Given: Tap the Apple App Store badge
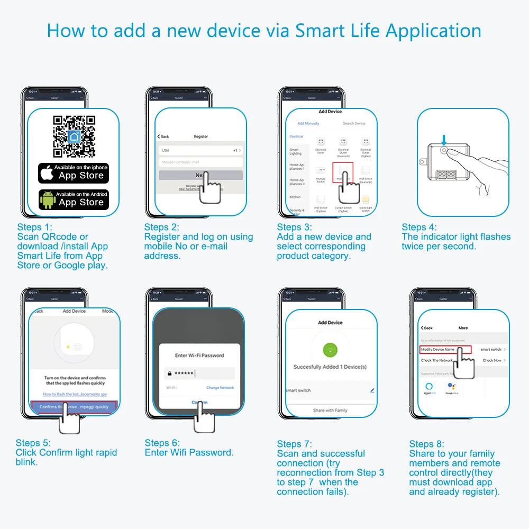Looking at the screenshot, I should point(74,172).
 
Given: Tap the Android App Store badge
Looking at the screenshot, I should point(74,199).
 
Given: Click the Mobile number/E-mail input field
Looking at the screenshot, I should point(200,162).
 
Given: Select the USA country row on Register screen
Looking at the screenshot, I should point(200,150).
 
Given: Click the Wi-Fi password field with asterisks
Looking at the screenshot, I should point(199,373).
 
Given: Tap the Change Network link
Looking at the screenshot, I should point(220,388).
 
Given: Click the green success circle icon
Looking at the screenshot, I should point(330,350).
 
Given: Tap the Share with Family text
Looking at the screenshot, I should point(330,410).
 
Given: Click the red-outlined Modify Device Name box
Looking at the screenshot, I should point(438,350).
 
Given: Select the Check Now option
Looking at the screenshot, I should point(492,360).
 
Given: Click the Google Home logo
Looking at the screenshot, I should point(452,388).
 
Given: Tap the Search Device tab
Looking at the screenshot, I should point(354,123).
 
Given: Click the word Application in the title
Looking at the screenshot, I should point(433,30).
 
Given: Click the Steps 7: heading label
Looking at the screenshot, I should point(295,444).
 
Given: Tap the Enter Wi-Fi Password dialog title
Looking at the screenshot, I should point(199,355).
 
